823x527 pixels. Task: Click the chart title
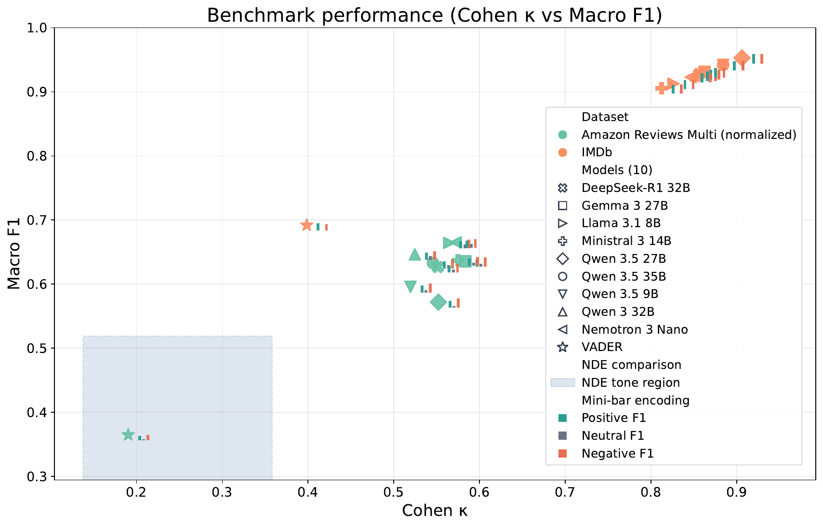434,15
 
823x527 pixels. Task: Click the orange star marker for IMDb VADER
306,225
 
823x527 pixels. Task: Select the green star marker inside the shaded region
128,435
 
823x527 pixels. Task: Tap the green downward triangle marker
410,286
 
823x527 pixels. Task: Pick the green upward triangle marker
414,255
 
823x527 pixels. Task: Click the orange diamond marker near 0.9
742,58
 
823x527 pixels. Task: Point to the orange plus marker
661,88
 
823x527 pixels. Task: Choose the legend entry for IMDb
597,152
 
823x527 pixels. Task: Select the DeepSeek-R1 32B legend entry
636,188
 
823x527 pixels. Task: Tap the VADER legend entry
602,347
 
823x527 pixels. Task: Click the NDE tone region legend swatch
563,383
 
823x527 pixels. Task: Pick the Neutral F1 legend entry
612,436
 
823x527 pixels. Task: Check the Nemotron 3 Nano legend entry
635,330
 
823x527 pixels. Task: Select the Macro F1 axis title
14,254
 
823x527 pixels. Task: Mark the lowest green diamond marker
438,302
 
